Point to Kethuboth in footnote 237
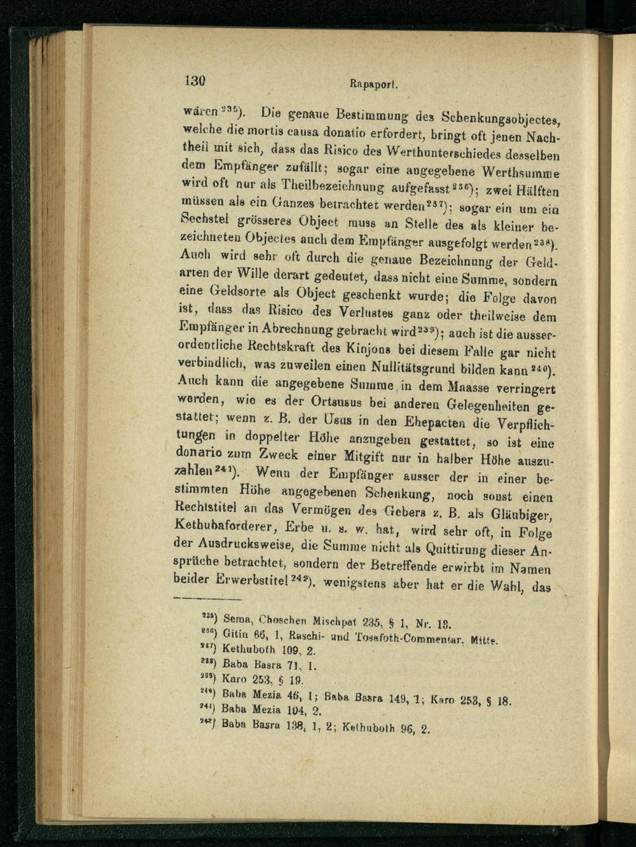pyautogui.click(x=249, y=651)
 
